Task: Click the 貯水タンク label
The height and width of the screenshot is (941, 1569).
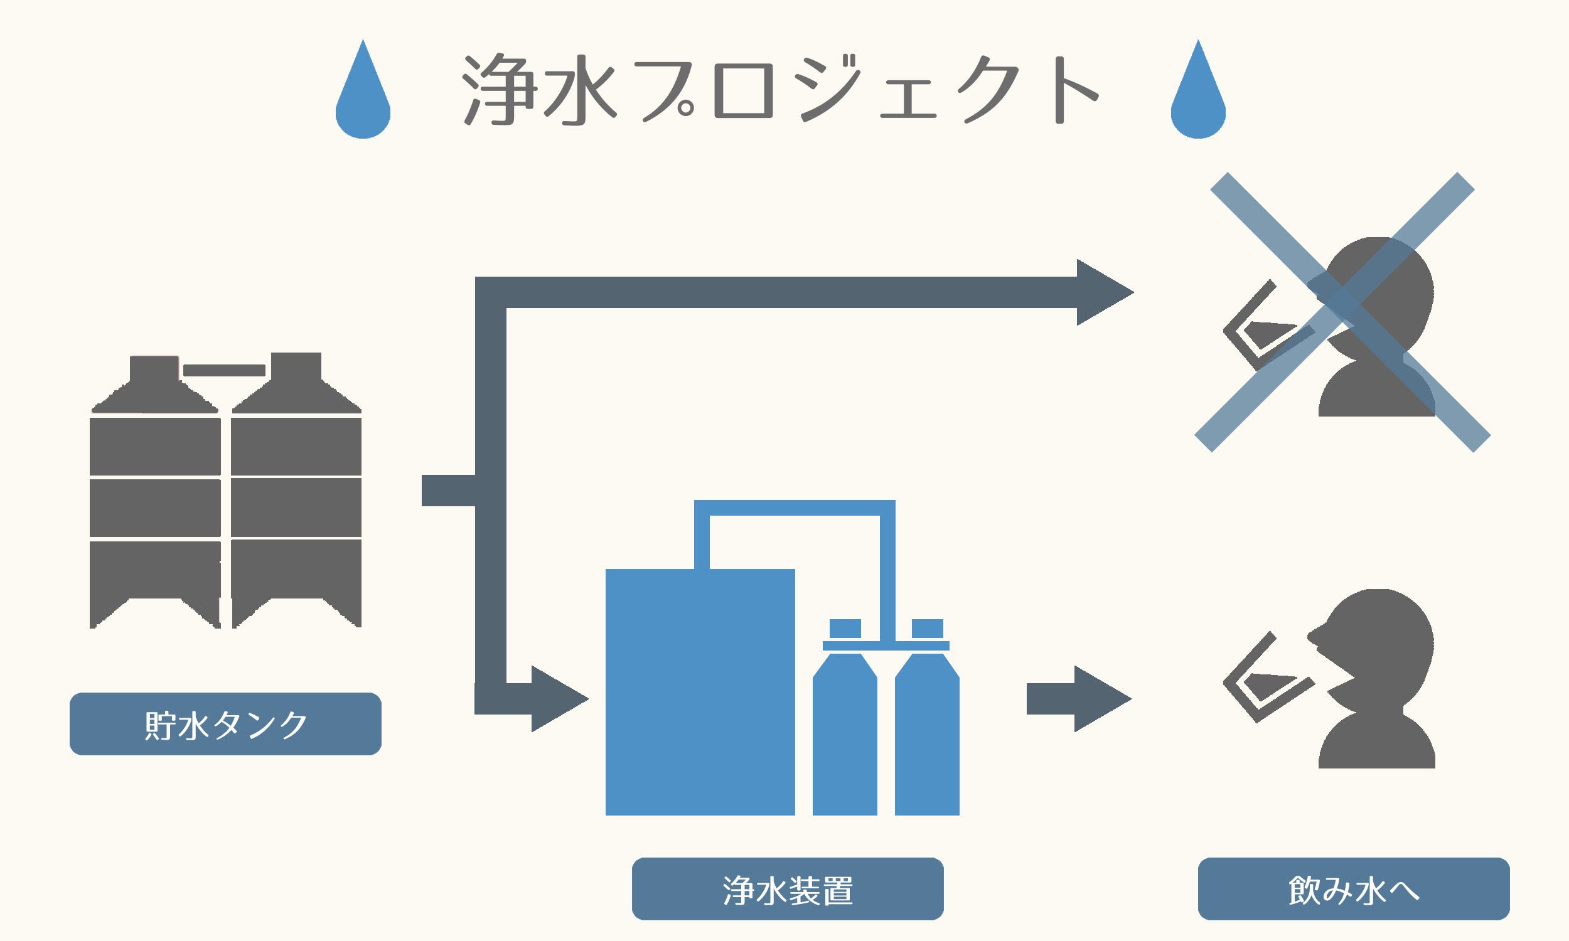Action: point(225,724)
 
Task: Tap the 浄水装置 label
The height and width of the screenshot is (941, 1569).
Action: point(788,890)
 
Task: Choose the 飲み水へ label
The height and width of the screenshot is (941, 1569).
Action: point(1353,890)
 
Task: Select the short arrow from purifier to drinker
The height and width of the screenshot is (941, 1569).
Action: point(1078,699)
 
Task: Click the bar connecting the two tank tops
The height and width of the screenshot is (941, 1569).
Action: point(224,370)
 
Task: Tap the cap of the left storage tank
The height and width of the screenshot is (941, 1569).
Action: point(154,369)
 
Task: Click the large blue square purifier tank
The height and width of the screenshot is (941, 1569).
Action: point(700,691)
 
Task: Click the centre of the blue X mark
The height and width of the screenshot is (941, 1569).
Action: point(1342,312)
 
